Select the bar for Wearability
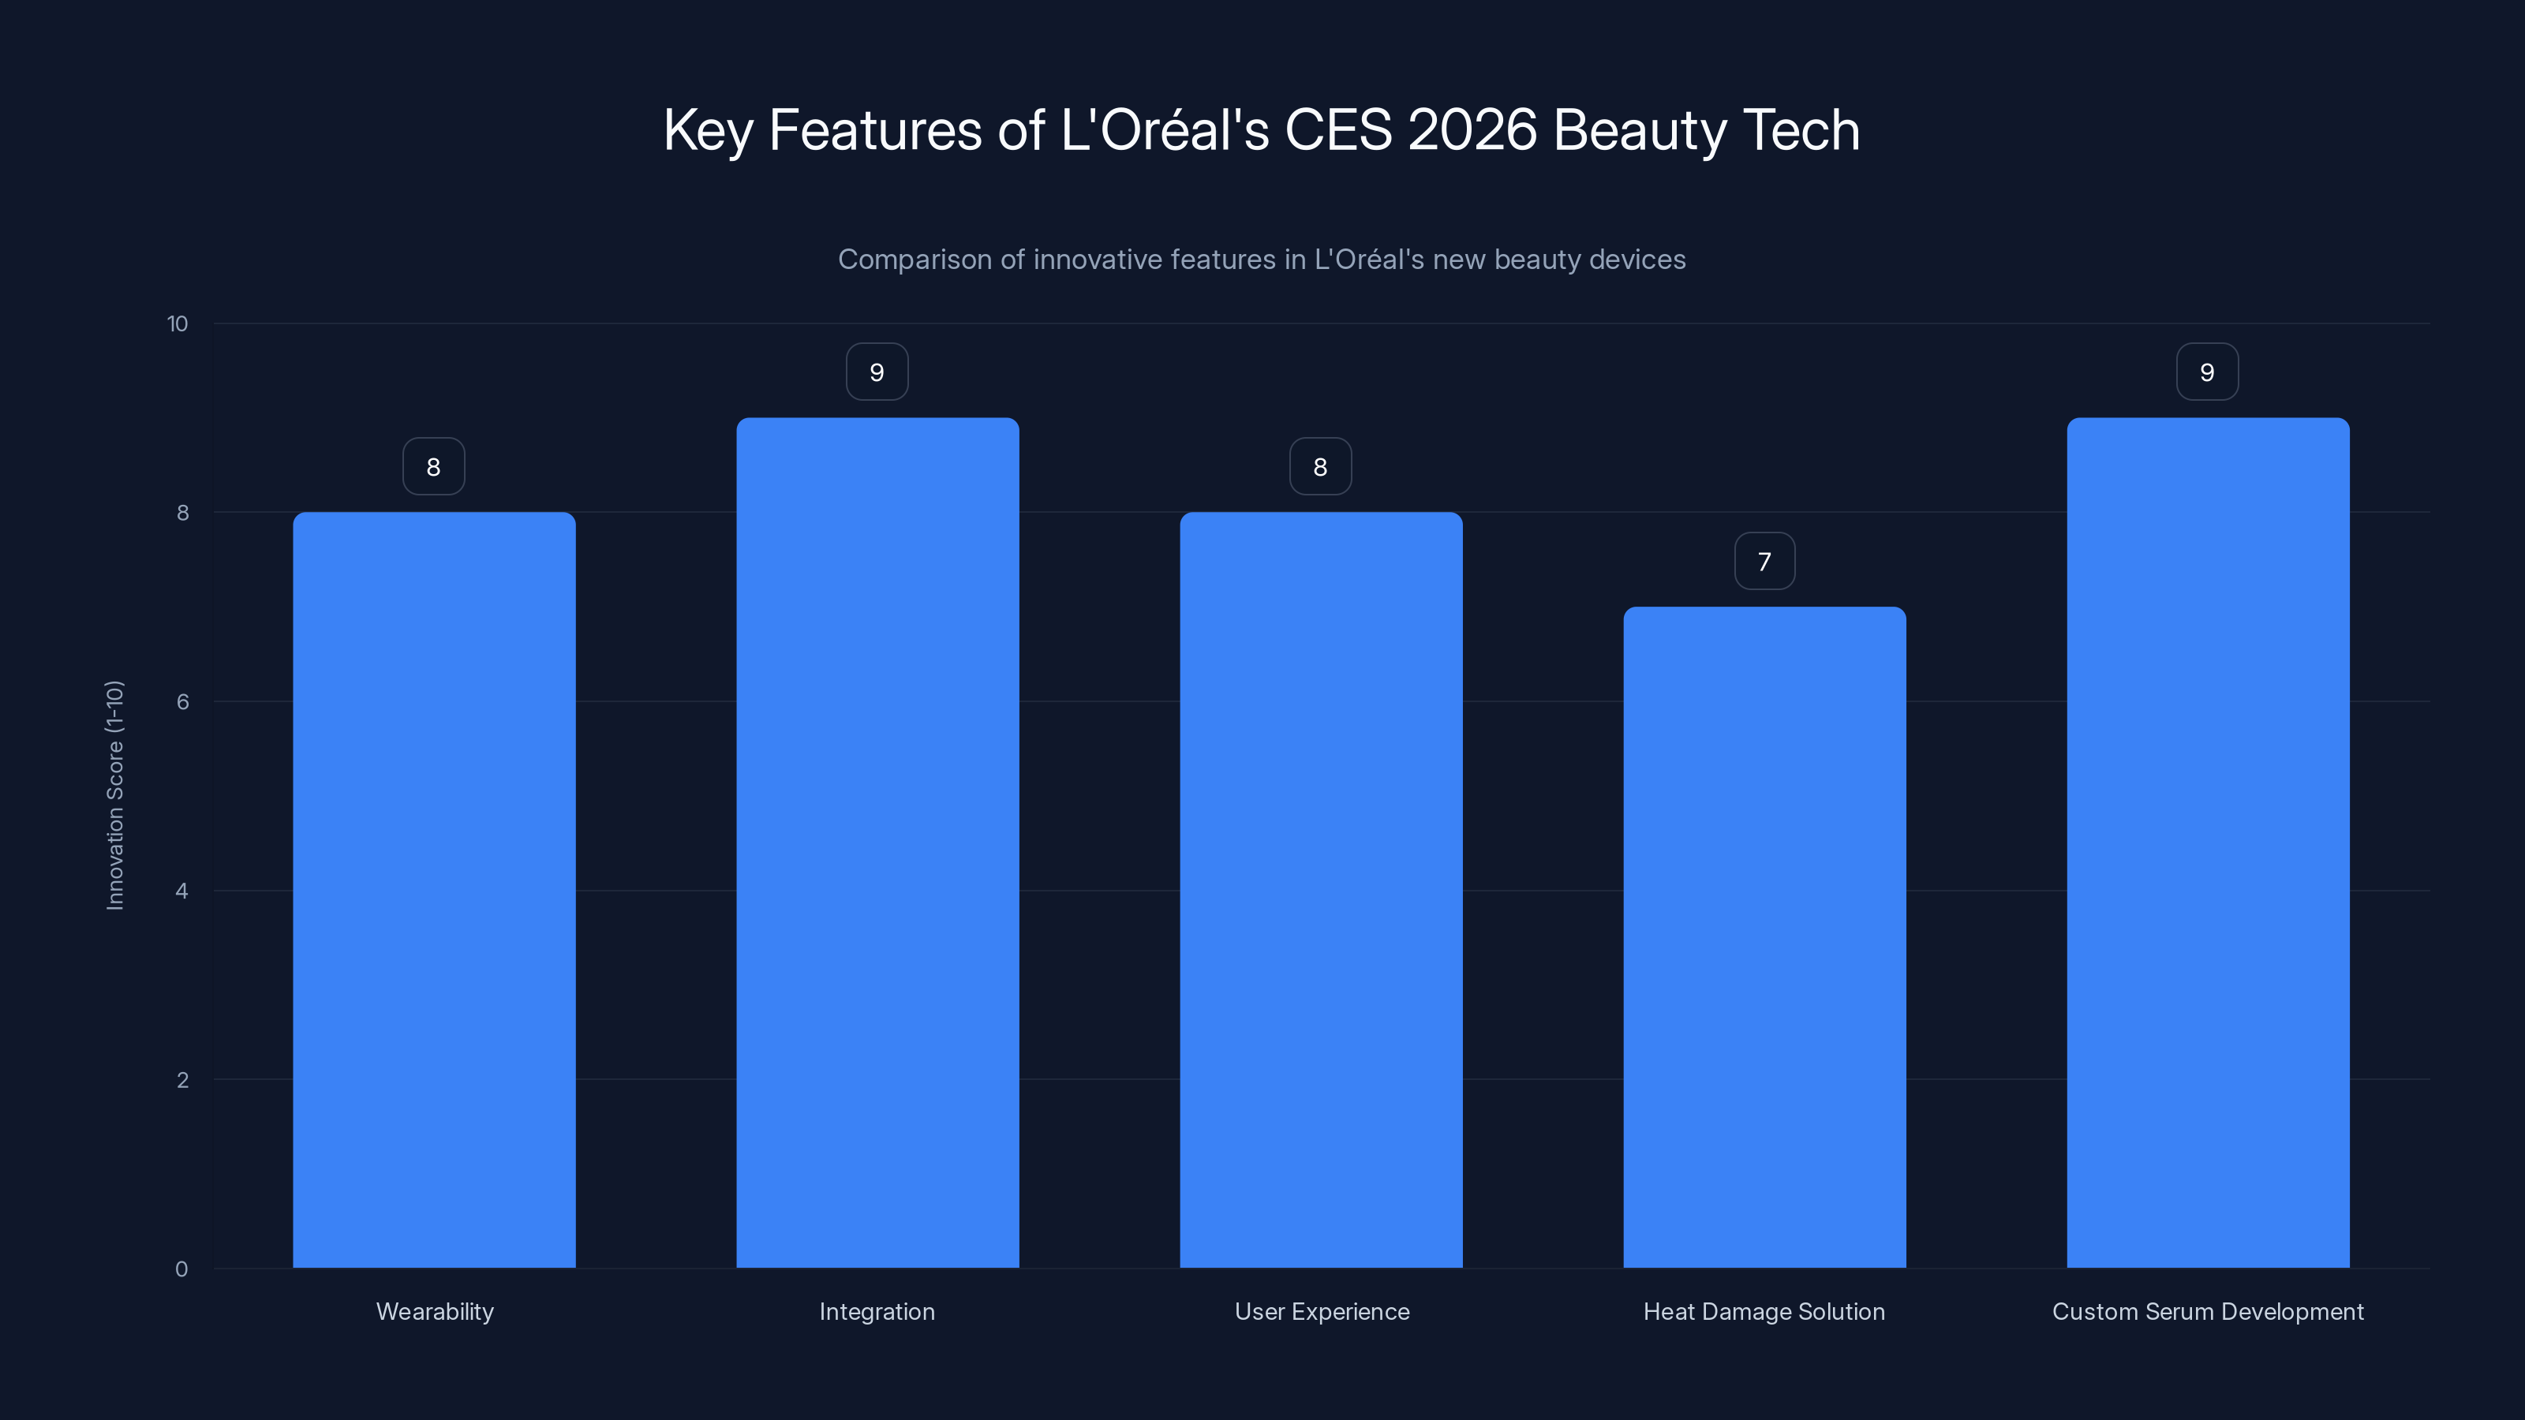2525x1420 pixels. point(434,890)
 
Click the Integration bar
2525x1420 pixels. point(877,843)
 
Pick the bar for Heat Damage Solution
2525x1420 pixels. point(1764,937)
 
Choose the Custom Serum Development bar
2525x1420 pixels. point(2208,843)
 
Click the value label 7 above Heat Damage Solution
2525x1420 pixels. point(1764,562)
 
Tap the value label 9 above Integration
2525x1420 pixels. point(877,372)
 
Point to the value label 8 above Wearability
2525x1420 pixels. point(433,468)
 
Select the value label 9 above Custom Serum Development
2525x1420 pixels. point(2208,372)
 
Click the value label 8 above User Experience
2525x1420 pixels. point(1320,468)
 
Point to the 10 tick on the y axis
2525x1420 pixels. point(178,324)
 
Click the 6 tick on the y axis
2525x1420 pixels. point(182,701)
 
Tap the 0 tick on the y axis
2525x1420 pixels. point(181,1269)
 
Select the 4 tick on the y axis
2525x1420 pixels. point(182,891)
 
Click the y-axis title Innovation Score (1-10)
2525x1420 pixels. point(114,794)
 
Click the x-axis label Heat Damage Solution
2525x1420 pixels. point(1764,1311)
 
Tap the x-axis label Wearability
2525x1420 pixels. point(434,1311)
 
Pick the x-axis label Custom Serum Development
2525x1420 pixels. point(2208,1311)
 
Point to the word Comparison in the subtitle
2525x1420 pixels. point(915,260)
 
